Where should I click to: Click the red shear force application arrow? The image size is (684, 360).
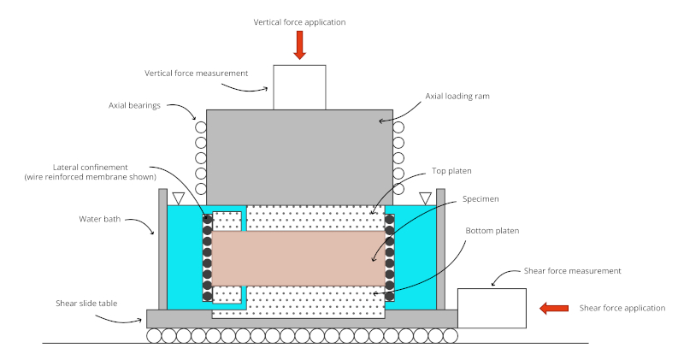click(x=555, y=308)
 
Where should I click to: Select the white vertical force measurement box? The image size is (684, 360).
click(x=299, y=87)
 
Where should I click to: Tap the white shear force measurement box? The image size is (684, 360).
click(x=492, y=308)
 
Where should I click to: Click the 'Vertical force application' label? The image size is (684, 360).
click(x=299, y=21)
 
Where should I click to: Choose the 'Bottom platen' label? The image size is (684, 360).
click(x=492, y=231)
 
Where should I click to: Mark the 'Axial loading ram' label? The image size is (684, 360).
click(x=459, y=97)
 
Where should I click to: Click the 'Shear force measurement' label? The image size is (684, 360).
click(x=571, y=271)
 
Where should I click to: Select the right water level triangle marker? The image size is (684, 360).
click(x=425, y=198)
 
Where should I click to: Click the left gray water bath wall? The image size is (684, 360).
click(x=162, y=248)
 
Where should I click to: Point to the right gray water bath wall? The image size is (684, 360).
click(x=440, y=248)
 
